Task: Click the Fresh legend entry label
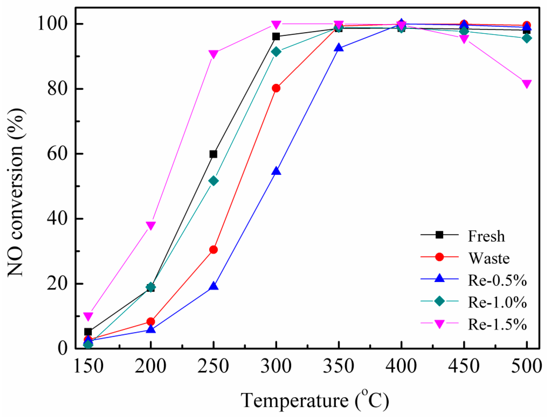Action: (x=486, y=236)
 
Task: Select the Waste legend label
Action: (x=489, y=258)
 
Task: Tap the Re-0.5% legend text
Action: (x=497, y=280)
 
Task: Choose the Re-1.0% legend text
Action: (x=497, y=302)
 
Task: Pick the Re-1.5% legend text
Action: (x=497, y=324)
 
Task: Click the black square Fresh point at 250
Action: (x=213, y=154)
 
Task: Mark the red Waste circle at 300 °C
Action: (x=276, y=88)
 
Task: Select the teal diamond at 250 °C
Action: (x=213, y=181)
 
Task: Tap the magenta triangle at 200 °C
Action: (x=151, y=225)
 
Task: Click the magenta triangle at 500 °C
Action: (x=526, y=84)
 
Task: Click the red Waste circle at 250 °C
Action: (x=213, y=250)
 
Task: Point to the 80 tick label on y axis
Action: (x=57, y=89)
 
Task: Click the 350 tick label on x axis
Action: (x=339, y=366)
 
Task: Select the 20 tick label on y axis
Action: (x=57, y=284)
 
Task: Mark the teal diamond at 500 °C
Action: (x=526, y=38)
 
